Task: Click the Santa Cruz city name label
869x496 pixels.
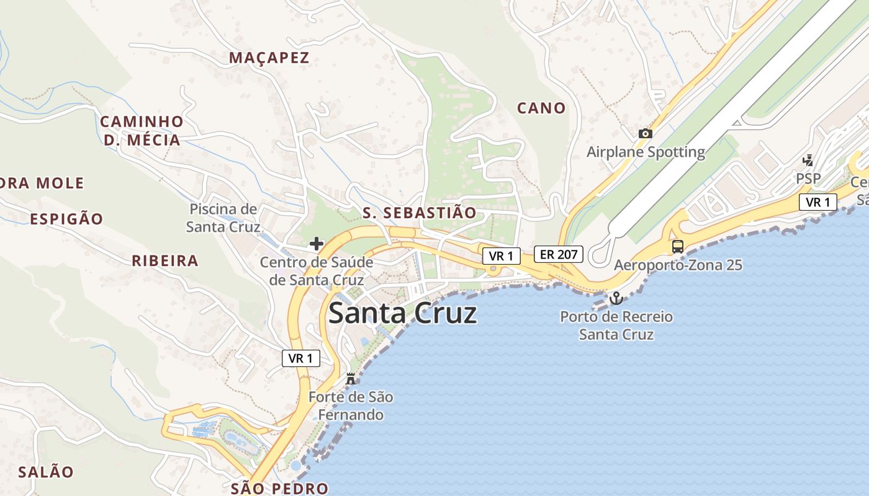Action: tap(402, 313)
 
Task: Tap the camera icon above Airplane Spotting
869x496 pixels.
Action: tap(646, 133)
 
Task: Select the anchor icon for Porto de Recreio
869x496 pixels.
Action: tap(616, 299)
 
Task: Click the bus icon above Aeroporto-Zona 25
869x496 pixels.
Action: tap(678, 246)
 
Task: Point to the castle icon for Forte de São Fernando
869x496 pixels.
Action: tap(351, 378)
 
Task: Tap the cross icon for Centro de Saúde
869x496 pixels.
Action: tap(317, 244)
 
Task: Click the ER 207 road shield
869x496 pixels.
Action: tap(559, 254)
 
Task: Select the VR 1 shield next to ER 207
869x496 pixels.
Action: tap(502, 255)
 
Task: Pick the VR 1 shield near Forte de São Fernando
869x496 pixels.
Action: tap(301, 358)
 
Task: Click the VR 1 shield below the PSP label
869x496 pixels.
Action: tap(818, 202)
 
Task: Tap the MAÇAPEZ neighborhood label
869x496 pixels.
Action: tap(269, 58)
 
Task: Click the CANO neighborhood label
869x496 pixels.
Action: tap(541, 108)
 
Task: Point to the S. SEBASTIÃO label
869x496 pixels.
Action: tap(420, 213)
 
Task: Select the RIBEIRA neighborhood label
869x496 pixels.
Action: tap(165, 260)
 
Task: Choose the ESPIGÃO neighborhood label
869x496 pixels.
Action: tap(66, 219)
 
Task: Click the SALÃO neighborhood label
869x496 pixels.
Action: tap(45, 472)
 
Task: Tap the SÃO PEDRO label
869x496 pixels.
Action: tap(279, 488)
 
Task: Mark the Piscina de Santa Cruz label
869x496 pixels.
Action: tap(223, 218)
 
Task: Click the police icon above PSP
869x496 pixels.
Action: tap(808, 161)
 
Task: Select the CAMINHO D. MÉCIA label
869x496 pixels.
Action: tap(142, 130)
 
